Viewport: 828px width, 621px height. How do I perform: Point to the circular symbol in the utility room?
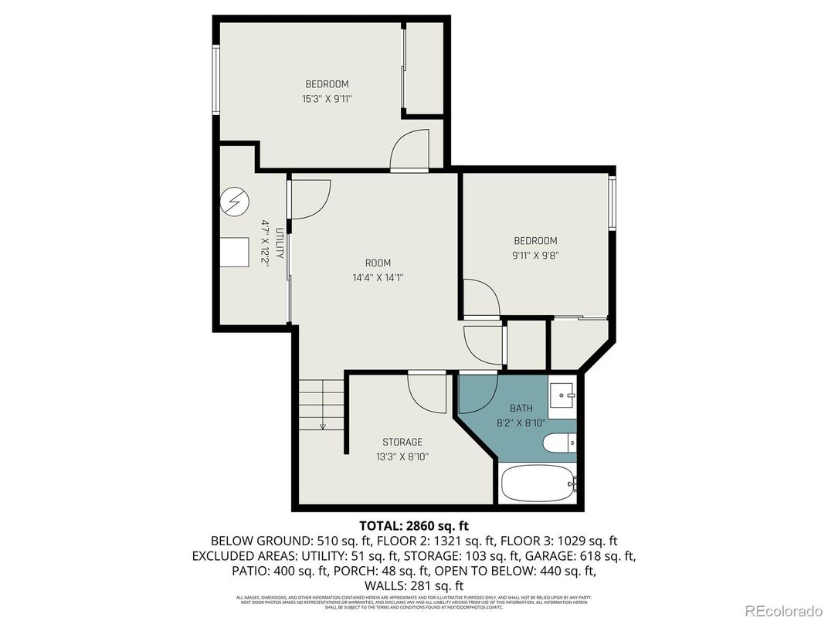click(235, 202)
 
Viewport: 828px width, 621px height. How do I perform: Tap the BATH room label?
click(521, 408)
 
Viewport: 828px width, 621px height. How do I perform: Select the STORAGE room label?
click(402, 442)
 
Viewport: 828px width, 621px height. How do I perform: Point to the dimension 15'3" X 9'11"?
click(327, 98)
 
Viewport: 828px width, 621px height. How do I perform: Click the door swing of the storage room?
click(427, 392)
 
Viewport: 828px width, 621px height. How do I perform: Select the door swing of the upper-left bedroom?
click(410, 150)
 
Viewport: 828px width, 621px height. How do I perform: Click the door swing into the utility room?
click(309, 199)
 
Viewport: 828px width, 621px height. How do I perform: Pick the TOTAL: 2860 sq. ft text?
click(414, 525)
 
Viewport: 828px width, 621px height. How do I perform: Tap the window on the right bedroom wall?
click(611, 203)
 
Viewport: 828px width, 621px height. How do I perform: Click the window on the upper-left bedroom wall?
click(217, 81)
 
